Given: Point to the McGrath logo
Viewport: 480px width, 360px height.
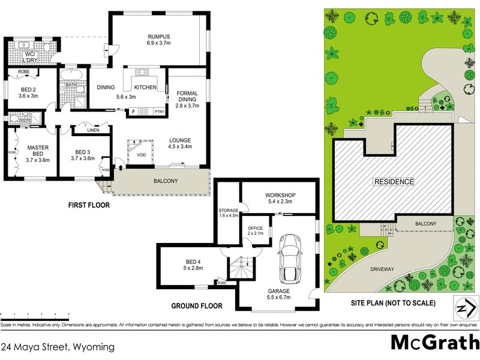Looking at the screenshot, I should (431, 342).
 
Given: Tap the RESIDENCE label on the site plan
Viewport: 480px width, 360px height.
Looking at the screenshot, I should (394, 182).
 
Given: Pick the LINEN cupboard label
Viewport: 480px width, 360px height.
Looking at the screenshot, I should (92, 130).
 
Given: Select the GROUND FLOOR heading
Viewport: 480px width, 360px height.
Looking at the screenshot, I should (197, 306).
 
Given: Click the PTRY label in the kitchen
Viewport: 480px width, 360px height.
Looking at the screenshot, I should (159, 112).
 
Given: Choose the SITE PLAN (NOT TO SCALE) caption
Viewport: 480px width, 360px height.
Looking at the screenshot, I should (393, 302).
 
